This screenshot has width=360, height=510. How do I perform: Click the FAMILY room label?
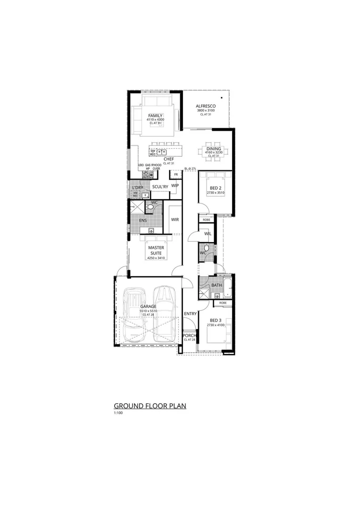click(155, 116)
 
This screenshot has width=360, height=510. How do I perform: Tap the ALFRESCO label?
click(206, 106)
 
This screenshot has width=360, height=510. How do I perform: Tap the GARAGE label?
click(148, 306)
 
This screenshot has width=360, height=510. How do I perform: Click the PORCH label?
click(190, 336)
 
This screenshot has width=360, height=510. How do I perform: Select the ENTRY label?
click(191, 314)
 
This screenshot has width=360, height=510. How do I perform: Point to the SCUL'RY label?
click(160, 187)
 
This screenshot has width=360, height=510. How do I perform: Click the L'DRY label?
click(137, 187)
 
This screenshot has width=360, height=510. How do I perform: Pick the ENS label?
click(142, 220)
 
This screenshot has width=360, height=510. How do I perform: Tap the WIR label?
click(175, 220)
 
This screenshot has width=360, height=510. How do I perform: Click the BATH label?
click(217, 285)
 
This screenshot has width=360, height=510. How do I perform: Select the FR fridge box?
click(176, 175)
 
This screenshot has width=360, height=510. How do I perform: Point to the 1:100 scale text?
click(118, 413)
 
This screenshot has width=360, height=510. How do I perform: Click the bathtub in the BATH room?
click(228, 286)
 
